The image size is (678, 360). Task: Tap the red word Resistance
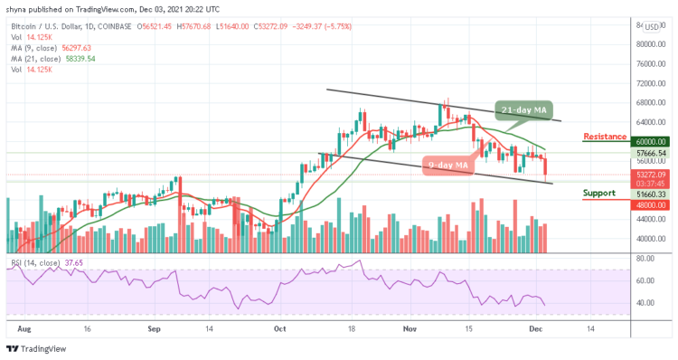point(605,137)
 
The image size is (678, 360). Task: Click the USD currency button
point(651,27)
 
